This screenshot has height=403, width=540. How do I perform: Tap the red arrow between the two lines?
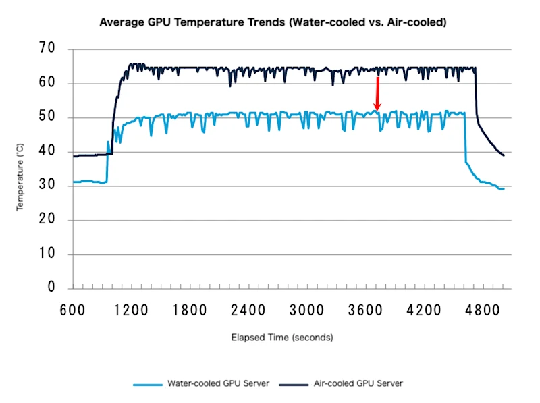377,93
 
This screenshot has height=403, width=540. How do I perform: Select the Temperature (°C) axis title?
20,178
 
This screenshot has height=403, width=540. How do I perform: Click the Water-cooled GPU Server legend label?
218,383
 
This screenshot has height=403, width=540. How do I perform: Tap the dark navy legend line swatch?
288,384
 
